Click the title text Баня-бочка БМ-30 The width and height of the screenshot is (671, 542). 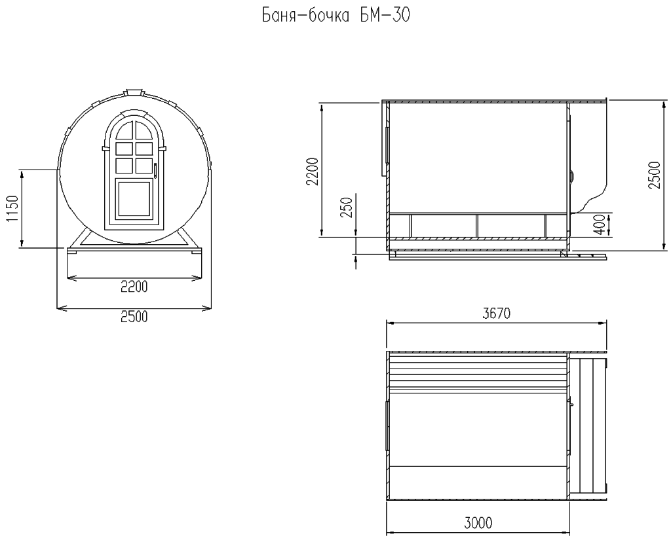(335, 16)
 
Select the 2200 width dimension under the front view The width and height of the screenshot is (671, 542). (134, 287)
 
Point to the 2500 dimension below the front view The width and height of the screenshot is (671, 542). (134, 317)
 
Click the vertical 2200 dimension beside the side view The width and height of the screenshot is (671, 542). (313, 172)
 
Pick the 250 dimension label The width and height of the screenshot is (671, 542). (347, 208)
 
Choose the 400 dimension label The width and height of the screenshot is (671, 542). (601, 225)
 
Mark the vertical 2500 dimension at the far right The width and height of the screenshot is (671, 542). (655, 175)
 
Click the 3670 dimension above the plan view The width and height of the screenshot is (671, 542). (496, 314)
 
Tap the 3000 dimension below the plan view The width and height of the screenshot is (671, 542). (478, 522)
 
